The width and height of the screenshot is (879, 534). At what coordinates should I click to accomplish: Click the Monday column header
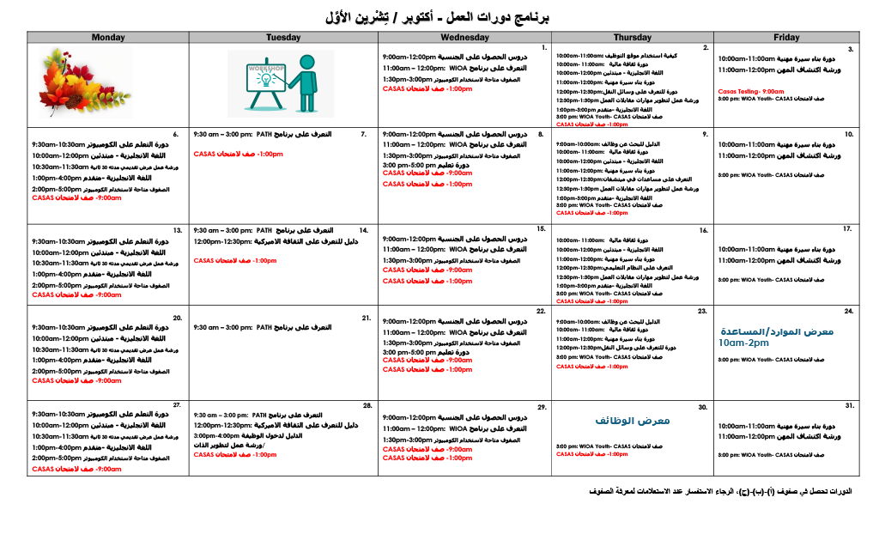click(108, 38)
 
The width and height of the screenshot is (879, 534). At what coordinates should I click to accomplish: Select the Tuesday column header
click(283, 38)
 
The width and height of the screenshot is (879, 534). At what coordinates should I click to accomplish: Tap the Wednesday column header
click(464, 38)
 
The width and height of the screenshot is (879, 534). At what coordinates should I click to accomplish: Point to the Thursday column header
click(632, 38)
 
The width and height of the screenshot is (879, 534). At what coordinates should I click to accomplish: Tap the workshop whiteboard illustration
click(281, 83)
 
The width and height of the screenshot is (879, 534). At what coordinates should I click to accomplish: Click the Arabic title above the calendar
click(438, 17)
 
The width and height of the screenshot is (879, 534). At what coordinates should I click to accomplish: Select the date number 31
click(849, 405)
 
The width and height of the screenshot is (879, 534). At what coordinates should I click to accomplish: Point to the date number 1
click(544, 48)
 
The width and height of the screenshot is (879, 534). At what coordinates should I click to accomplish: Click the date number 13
click(178, 230)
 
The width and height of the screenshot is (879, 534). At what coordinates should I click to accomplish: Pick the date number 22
click(540, 311)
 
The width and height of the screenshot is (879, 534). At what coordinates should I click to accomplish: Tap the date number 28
click(367, 405)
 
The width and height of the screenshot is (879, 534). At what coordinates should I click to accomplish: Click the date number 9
click(705, 135)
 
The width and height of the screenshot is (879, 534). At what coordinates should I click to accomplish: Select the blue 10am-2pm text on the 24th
click(743, 343)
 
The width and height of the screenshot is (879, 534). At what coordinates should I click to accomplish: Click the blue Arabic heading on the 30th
click(632, 421)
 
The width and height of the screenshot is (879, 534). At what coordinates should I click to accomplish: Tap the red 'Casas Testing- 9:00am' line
click(751, 90)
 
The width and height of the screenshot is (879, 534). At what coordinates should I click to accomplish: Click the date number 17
click(846, 229)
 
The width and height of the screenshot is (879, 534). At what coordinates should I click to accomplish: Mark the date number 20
click(178, 318)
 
